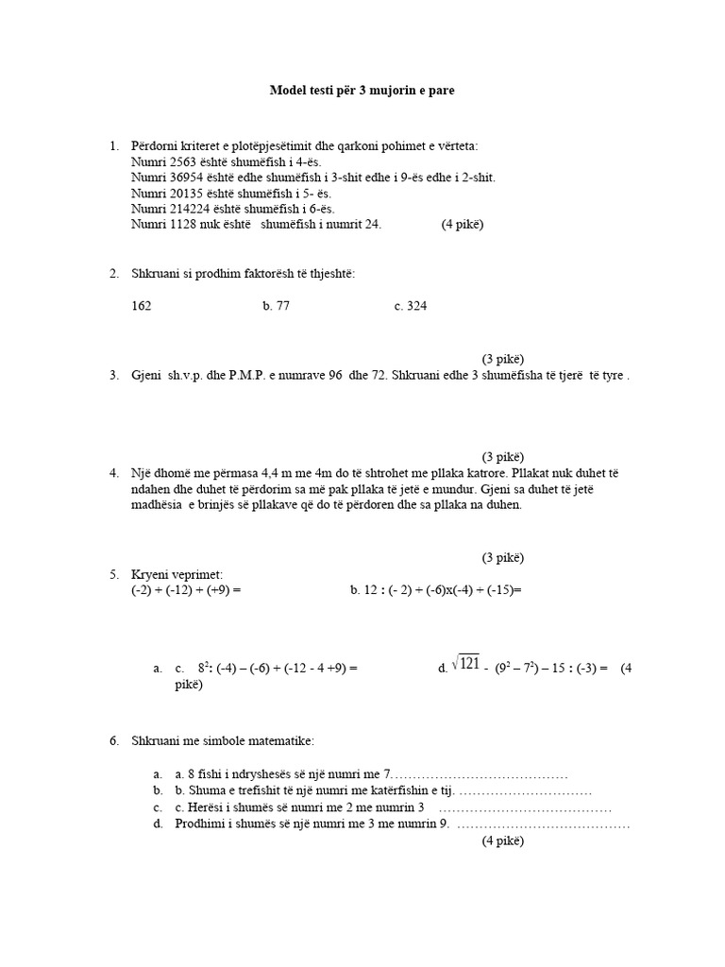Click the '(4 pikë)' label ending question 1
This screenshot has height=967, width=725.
coord(462,224)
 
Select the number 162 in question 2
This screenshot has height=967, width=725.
coord(142,306)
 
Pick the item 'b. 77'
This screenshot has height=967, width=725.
coord(276,306)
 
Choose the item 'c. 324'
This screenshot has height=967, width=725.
coord(411,306)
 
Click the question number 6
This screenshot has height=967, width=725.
coord(113,741)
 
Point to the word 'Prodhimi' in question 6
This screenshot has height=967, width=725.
coord(200,824)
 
